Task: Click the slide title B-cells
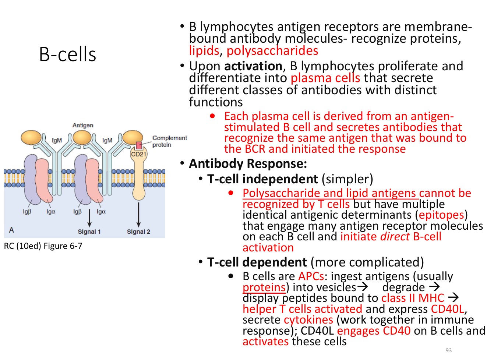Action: point(67,54)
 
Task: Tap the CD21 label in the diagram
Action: point(138,154)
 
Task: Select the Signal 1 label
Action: point(89,232)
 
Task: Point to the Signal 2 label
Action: point(138,232)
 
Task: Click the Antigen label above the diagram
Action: point(83,125)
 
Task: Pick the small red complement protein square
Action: point(139,145)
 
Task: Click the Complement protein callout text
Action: point(169,141)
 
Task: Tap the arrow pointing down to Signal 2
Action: point(138,215)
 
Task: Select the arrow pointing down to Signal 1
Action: point(89,218)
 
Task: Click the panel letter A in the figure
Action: point(11,230)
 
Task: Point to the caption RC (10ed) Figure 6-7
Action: point(43,246)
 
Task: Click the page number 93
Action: point(448,350)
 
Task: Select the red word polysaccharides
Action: point(272,51)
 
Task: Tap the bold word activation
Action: point(253,66)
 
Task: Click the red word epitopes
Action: point(441,215)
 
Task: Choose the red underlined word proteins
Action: point(264,287)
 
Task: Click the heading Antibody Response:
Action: point(248,164)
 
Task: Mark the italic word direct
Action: point(395,237)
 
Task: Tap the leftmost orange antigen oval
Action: point(31,138)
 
